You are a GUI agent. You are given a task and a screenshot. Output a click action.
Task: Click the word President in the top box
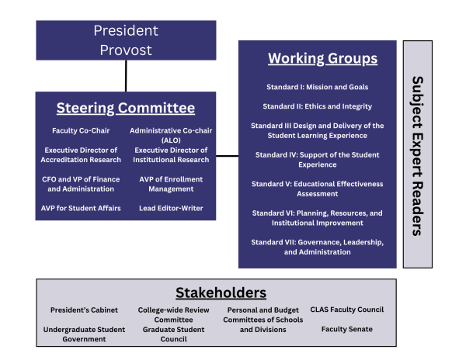pos(126,30)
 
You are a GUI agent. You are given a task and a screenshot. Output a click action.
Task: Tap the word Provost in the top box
pos(126,50)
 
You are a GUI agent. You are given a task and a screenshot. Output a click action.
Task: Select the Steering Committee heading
pos(126,108)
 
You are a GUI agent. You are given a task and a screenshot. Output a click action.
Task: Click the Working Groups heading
pos(323,58)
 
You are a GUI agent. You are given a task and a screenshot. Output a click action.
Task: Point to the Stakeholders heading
pos(221,293)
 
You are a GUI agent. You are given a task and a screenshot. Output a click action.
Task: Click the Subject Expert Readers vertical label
pos(418,156)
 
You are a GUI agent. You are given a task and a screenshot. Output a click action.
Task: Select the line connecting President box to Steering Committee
pos(126,76)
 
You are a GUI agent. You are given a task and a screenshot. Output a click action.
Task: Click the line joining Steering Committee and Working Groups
pos(227,156)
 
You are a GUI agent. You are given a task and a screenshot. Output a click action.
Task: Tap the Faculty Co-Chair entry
pos(81,130)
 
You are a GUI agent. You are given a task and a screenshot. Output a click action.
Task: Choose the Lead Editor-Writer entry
pos(171,209)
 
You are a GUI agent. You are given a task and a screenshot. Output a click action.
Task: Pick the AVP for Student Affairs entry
pos(81,209)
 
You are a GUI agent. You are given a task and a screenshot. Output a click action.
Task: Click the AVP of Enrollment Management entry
pos(171,184)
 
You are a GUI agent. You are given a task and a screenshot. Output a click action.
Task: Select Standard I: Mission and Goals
pos(318,87)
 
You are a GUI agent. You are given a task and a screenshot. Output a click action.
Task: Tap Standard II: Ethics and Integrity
pos(318,106)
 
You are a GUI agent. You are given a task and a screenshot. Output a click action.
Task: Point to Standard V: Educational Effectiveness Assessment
pos(318,189)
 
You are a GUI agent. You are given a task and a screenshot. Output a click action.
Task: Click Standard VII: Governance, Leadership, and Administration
pos(318,247)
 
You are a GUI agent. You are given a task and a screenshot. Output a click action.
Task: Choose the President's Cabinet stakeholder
pos(84,310)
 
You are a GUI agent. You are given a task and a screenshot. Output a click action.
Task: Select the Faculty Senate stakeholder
pos(347,329)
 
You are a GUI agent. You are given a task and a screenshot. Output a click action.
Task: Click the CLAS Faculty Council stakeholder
pos(347,310)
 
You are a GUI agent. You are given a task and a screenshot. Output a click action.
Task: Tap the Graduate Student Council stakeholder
pos(173,334)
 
